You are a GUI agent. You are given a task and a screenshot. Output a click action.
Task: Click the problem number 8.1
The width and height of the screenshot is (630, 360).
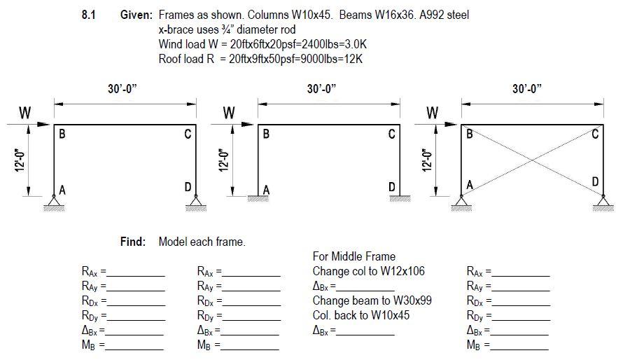[x=89, y=15]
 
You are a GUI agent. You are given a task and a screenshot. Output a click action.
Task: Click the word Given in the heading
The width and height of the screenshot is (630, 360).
[x=136, y=15]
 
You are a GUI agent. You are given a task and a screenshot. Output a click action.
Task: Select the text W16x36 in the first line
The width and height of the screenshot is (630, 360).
[x=361, y=15]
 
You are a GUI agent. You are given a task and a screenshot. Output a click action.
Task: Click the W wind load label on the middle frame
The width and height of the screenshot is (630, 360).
[x=228, y=112]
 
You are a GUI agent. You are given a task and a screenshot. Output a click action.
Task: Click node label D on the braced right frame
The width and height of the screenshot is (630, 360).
[x=595, y=182]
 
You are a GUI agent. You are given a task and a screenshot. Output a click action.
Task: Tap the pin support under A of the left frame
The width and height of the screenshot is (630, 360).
[x=55, y=204]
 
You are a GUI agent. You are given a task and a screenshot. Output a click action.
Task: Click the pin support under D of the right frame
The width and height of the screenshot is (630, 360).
[x=603, y=204]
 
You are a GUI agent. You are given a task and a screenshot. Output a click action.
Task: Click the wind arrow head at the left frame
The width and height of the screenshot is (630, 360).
[x=48, y=125]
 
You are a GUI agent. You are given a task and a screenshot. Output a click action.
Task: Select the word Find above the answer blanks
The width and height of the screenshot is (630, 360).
[x=133, y=242]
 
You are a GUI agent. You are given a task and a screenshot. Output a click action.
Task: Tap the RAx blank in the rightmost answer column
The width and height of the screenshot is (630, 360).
[x=521, y=271]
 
